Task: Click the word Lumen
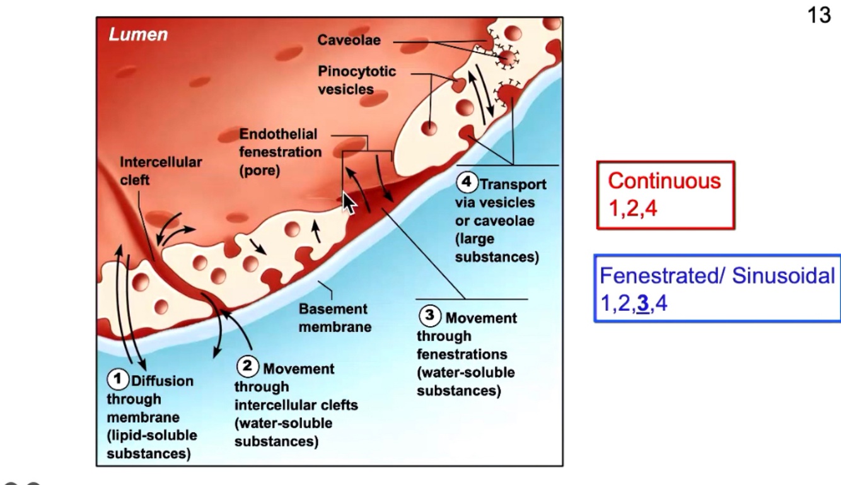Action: (x=139, y=35)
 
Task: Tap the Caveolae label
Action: (x=350, y=42)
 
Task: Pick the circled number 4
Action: (x=467, y=184)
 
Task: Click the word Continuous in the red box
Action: (x=664, y=181)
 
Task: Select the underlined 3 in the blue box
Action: (x=643, y=304)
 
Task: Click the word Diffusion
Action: (x=161, y=380)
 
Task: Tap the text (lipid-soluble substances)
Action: (x=151, y=444)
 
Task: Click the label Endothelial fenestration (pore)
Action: (x=280, y=152)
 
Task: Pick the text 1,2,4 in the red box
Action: (x=632, y=209)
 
